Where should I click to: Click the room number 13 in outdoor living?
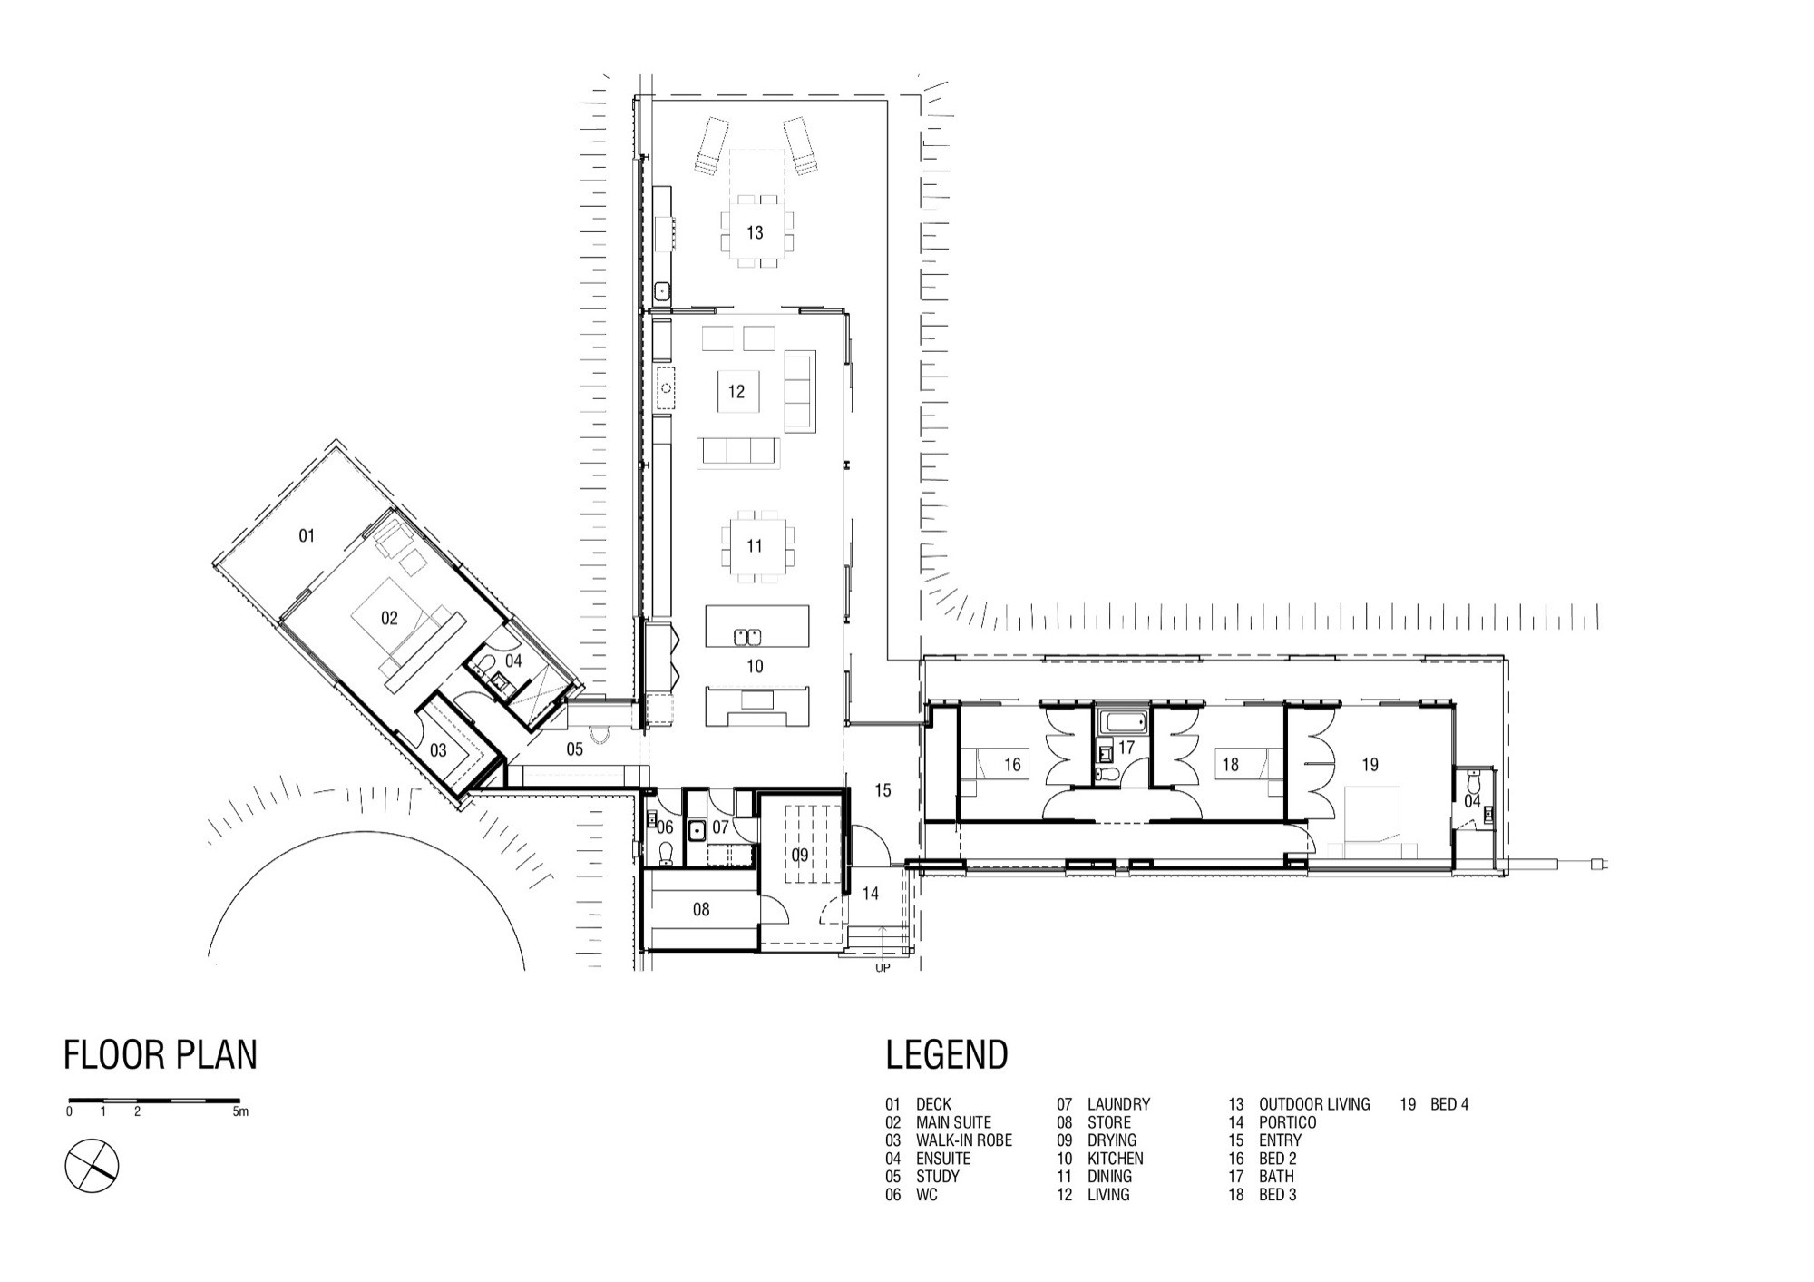(755, 233)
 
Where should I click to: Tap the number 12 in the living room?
(736, 392)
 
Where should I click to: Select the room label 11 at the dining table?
(755, 546)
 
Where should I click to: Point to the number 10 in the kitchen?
(755, 667)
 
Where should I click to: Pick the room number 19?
(1370, 765)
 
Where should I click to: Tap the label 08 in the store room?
(701, 909)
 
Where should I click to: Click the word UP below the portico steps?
(883, 968)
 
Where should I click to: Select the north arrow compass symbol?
(92, 1166)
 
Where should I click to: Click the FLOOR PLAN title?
(161, 1055)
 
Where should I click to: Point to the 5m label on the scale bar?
(240, 1111)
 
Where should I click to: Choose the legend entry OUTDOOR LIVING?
(1314, 1104)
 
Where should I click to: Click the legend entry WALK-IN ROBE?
(964, 1140)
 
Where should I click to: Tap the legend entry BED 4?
(1449, 1104)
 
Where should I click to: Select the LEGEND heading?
(947, 1055)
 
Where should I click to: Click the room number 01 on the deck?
(307, 536)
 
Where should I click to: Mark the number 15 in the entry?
(883, 790)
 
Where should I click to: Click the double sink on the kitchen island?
(747, 635)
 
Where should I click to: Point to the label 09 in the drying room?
(800, 855)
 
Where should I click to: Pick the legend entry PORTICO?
(1287, 1122)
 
